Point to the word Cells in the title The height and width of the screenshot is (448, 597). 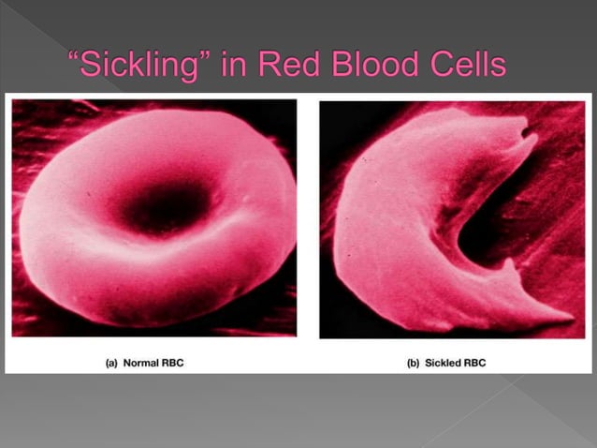click(x=466, y=66)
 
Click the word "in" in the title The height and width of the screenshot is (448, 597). click(x=230, y=66)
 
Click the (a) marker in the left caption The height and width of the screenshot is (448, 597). click(x=109, y=362)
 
